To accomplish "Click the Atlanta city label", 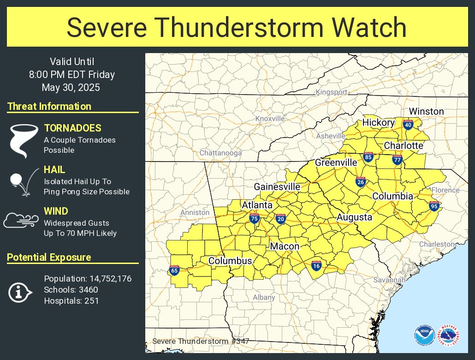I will pos(257,205).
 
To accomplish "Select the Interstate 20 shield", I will pos(280,218).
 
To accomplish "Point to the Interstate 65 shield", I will pos(174,270).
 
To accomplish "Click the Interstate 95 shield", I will pos(433,206).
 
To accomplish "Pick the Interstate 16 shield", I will pos(316,265).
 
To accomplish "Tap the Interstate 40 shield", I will pos(407,124).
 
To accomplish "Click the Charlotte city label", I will pos(404,145).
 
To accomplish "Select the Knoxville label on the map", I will pos(270,119).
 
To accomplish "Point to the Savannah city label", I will pos(390,280).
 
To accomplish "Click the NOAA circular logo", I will pos(424,336).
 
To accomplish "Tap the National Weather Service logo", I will pos(448,336).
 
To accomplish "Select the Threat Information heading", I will pos(49,107).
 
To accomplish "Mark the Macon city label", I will pos(285,246).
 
